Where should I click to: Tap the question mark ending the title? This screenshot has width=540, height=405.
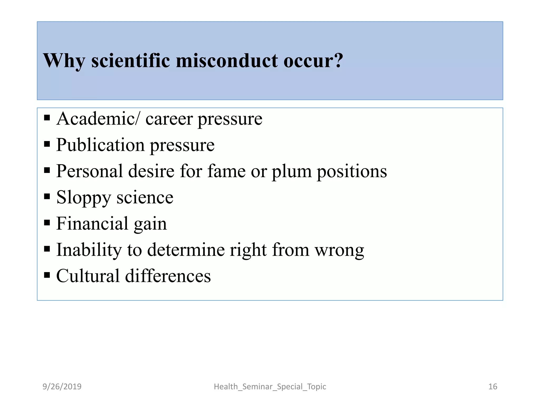pos(338,61)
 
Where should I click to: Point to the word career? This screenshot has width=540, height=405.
pos(169,119)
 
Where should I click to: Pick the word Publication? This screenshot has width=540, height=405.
pos(100,145)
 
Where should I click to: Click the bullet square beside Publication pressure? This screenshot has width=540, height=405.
pos(47,144)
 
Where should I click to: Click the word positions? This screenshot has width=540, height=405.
pos(352,171)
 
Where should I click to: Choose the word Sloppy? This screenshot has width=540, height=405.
pos(84,198)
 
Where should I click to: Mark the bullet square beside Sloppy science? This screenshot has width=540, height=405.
pos(47,196)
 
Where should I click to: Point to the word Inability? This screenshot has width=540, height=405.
pos(89,250)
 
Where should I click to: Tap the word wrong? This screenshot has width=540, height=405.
pos(340,250)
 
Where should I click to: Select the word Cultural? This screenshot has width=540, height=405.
pos(88,276)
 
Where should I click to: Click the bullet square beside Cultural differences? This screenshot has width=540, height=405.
pos(47,275)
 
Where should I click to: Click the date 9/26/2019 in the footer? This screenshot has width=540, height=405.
pos(62,387)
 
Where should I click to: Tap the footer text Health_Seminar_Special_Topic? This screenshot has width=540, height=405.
pos(270,387)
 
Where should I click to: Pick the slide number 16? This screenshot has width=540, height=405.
pos(493,387)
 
